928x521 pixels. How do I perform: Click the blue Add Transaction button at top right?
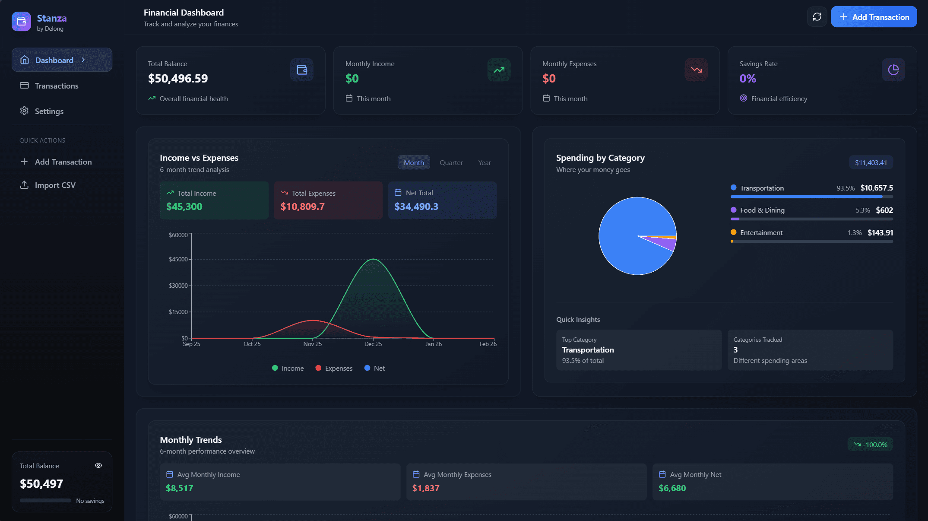pyautogui.click(x=874, y=17)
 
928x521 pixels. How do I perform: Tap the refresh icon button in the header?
pyautogui.click(x=817, y=17)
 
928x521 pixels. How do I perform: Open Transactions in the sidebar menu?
pyautogui.click(x=56, y=86)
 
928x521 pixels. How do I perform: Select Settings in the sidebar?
pyautogui.click(x=49, y=111)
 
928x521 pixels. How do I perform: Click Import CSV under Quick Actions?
pyautogui.click(x=55, y=185)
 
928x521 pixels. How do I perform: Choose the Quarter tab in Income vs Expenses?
pyautogui.click(x=451, y=162)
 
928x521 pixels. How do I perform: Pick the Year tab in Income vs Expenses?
pyautogui.click(x=484, y=162)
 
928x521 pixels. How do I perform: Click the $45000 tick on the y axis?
pyautogui.click(x=178, y=259)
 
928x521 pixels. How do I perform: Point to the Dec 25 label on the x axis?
pyautogui.click(x=373, y=344)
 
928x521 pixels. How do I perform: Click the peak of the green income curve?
pyautogui.click(x=373, y=259)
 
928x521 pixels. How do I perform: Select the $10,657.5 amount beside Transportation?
pyautogui.click(x=876, y=188)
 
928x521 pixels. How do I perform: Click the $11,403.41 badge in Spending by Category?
pyautogui.click(x=871, y=162)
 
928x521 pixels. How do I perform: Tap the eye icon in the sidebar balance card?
pyautogui.click(x=98, y=465)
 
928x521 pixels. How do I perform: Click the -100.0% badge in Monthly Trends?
pyautogui.click(x=870, y=445)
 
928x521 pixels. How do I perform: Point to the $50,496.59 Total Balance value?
pyautogui.click(x=178, y=79)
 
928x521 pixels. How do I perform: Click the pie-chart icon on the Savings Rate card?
pyautogui.click(x=893, y=70)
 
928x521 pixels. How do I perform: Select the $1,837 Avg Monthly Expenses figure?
pyautogui.click(x=425, y=488)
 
